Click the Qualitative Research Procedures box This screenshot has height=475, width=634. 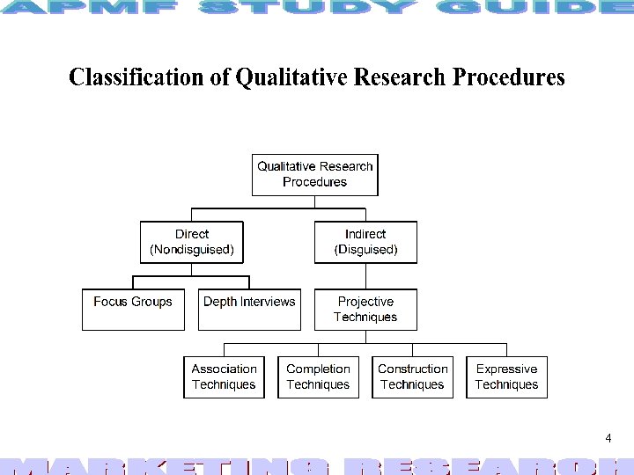pyautogui.click(x=314, y=174)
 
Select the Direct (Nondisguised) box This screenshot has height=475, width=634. pyautogui.click(x=192, y=242)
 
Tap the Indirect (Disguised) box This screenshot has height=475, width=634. pyautogui.click(x=365, y=242)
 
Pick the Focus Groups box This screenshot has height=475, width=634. pyautogui.click(x=133, y=309)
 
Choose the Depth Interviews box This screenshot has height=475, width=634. pyautogui.click(x=249, y=309)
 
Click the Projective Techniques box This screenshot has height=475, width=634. pyautogui.click(x=365, y=309)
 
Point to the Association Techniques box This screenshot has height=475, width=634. pyautogui.click(x=224, y=376)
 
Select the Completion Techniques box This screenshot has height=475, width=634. pyautogui.click(x=318, y=376)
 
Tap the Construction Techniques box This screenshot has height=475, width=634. pyautogui.click(x=412, y=376)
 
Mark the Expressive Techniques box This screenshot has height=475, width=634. pyautogui.click(x=506, y=376)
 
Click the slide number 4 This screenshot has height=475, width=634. pyautogui.click(x=608, y=438)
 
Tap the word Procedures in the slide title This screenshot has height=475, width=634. pyautogui.click(x=508, y=77)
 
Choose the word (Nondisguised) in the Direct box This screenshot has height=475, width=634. pyautogui.click(x=192, y=250)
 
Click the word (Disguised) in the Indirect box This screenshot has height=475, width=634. pyautogui.click(x=365, y=250)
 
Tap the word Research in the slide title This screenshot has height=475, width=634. pyautogui.click(x=400, y=77)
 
